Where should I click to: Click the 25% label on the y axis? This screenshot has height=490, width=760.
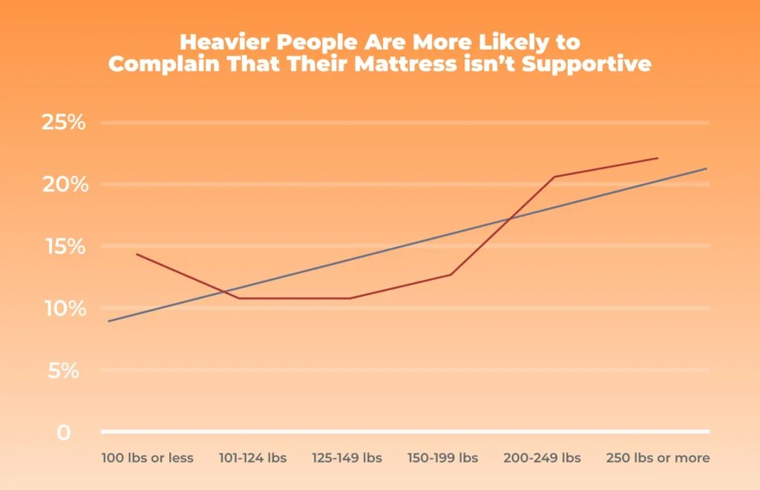(x=64, y=122)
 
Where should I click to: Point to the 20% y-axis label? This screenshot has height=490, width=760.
(x=64, y=184)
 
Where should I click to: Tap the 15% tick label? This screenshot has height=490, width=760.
(x=64, y=246)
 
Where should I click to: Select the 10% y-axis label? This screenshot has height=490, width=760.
(x=64, y=308)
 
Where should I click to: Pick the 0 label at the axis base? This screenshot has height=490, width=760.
(x=65, y=432)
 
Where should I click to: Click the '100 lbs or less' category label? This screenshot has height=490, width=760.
(x=148, y=457)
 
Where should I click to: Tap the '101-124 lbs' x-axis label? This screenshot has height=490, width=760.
(x=252, y=457)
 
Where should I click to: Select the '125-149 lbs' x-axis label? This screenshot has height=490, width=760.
(x=349, y=457)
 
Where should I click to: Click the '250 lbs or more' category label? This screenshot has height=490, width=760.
(x=658, y=457)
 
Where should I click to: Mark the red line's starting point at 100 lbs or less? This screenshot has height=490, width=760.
(x=137, y=254)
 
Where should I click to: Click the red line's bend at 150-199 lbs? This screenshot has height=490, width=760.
(x=451, y=275)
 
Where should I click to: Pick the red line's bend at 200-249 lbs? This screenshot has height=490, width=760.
(x=554, y=177)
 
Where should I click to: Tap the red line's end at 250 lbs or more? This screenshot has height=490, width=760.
(x=658, y=158)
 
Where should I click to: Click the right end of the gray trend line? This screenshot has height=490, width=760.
(x=707, y=169)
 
